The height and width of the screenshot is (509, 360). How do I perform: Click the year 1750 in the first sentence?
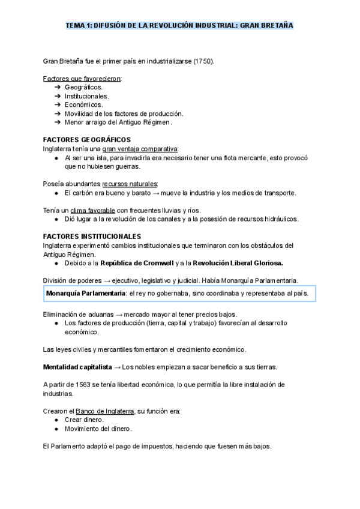202,62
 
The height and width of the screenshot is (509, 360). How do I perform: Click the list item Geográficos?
84,87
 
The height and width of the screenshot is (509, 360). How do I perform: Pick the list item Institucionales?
87,96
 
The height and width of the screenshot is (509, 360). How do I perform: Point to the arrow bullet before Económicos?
58,104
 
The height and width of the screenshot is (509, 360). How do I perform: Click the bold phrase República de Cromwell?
137,263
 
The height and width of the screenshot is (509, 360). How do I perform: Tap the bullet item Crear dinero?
85,420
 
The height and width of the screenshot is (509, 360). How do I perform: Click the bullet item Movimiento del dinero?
98,429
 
